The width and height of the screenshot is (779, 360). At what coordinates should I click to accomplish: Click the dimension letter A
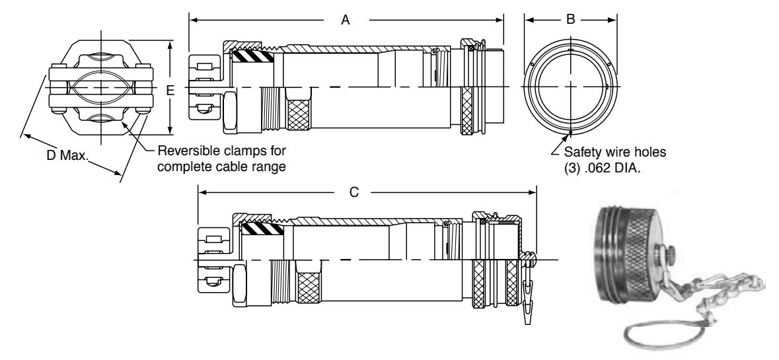click(345, 20)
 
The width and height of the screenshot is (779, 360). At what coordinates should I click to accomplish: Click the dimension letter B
click(571, 20)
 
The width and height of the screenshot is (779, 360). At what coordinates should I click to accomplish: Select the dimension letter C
click(354, 192)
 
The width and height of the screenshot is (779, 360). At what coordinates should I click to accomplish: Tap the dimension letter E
click(170, 91)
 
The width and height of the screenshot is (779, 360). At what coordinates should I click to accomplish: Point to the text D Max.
click(66, 156)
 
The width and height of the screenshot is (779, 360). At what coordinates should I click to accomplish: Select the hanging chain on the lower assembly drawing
click(527, 291)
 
